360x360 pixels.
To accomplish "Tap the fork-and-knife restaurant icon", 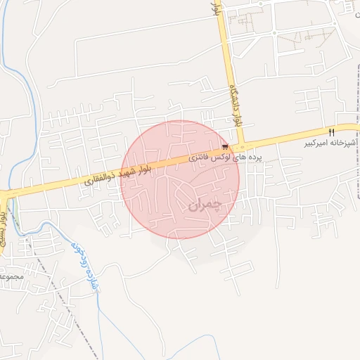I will pos(330,131).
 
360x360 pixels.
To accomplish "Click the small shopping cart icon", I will pos(225,147).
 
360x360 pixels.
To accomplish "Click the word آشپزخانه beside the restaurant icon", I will pos(344,143).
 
